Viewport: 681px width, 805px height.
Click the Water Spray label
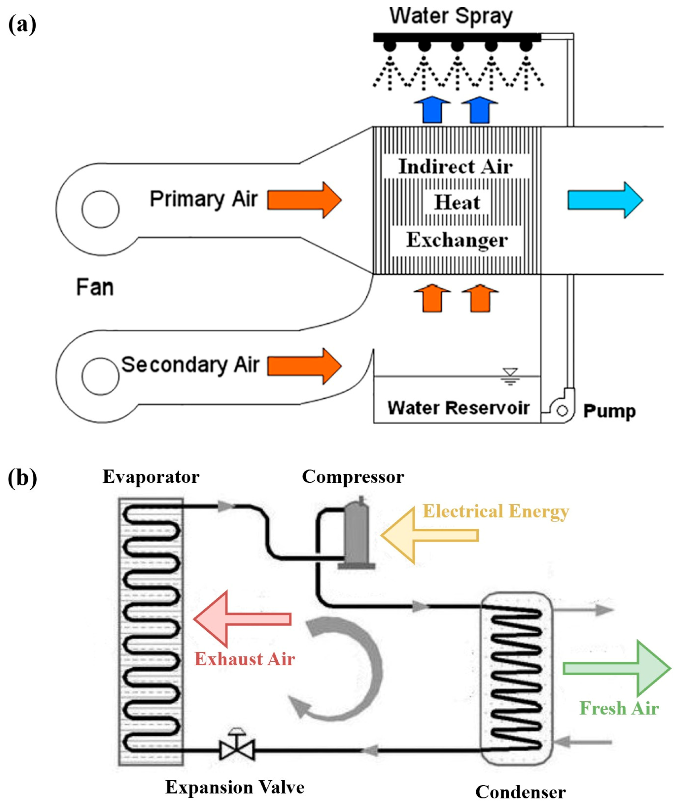pyautogui.click(x=451, y=17)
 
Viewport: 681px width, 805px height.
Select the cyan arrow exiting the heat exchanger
pyautogui.click(x=605, y=200)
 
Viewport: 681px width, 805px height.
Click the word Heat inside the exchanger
pyautogui.click(x=457, y=202)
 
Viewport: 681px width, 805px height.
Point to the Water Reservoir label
pyautogui.click(x=458, y=408)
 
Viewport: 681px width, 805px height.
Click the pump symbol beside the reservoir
pyautogui.click(x=562, y=410)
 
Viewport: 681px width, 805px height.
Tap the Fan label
pyautogui.click(x=95, y=288)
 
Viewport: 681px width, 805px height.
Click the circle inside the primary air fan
pyautogui.click(x=100, y=209)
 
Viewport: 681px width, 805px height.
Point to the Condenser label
pyautogui.click(x=520, y=792)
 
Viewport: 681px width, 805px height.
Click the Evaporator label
pyautogui.click(x=151, y=477)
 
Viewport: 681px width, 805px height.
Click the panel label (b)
pyautogui.click(x=22, y=478)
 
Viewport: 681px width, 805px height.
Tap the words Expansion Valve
pyautogui.click(x=235, y=787)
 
